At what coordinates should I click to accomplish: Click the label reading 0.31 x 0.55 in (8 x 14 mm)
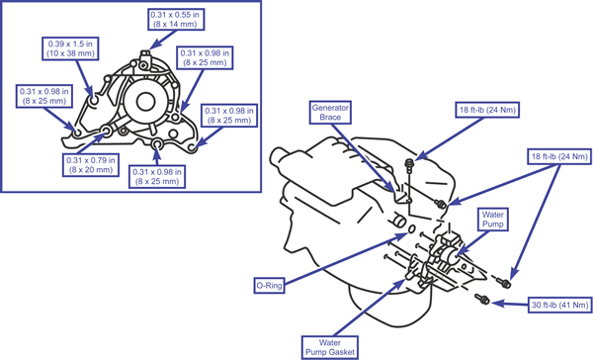click(x=176, y=20)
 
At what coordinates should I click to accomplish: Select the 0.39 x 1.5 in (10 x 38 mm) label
click(x=70, y=48)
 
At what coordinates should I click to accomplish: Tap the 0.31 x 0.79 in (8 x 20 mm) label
click(x=91, y=165)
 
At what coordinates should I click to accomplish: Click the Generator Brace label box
click(x=330, y=113)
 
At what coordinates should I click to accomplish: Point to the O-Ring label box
click(x=269, y=286)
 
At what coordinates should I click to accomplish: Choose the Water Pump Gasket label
click(x=330, y=347)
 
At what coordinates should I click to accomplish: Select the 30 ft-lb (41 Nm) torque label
click(x=559, y=305)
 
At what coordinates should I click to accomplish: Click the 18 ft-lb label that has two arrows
click(x=559, y=156)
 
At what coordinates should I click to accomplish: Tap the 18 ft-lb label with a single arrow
click(x=487, y=110)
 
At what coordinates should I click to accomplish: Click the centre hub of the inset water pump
click(x=145, y=102)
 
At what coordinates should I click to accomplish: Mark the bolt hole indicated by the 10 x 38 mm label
click(x=94, y=101)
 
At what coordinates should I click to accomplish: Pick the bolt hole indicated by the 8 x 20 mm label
click(x=107, y=132)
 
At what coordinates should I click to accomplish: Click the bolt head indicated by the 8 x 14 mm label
click(x=145, y=54)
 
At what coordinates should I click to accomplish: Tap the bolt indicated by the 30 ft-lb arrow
click(x=482, y=299)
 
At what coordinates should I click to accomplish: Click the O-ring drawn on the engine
click(x=411, y=229)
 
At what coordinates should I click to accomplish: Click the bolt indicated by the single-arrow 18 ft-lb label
click(x=408, y=164)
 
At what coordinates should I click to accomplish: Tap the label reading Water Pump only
click(x=492, y=220)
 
